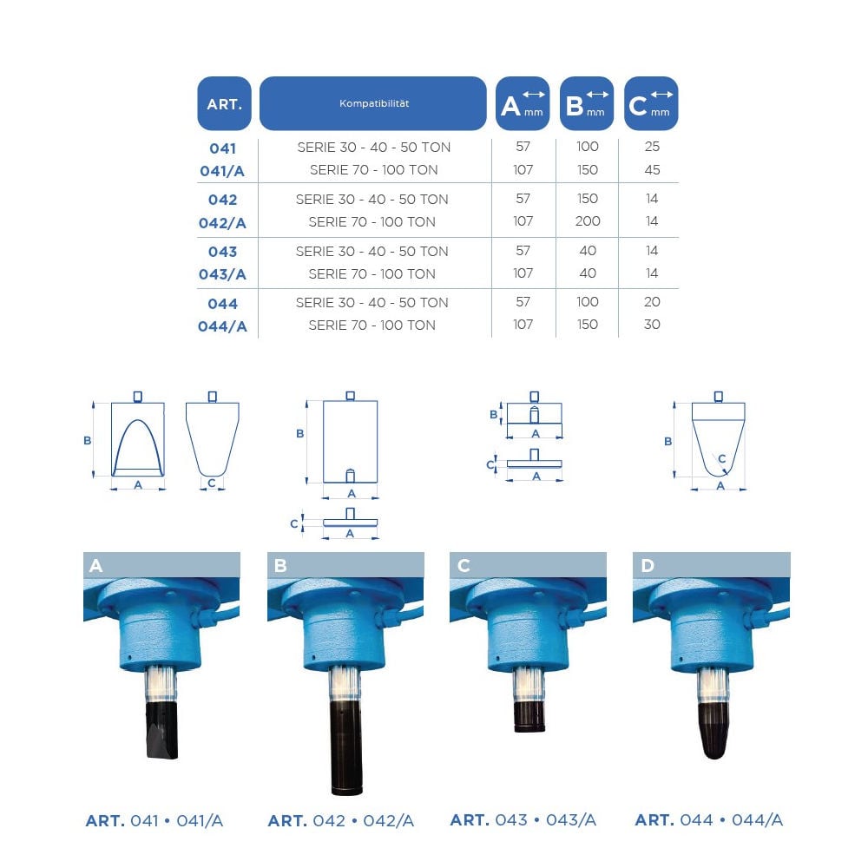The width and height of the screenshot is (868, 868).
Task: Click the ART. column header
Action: point(224,103)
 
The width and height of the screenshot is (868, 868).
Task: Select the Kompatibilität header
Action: point(373,103)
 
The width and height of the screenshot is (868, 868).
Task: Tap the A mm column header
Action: point(523,103)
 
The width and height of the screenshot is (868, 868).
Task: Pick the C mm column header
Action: point(651,103)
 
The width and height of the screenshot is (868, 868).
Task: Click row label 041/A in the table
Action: point(222,171)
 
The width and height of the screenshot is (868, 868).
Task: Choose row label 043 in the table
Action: point(222,252)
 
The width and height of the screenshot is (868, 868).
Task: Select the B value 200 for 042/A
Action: point(588,221)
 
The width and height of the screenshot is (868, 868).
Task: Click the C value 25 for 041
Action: point(652,147)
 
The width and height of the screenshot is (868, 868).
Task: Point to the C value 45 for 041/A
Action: point(652,170)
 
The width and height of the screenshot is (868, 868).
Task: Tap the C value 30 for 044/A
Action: point(652,325)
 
